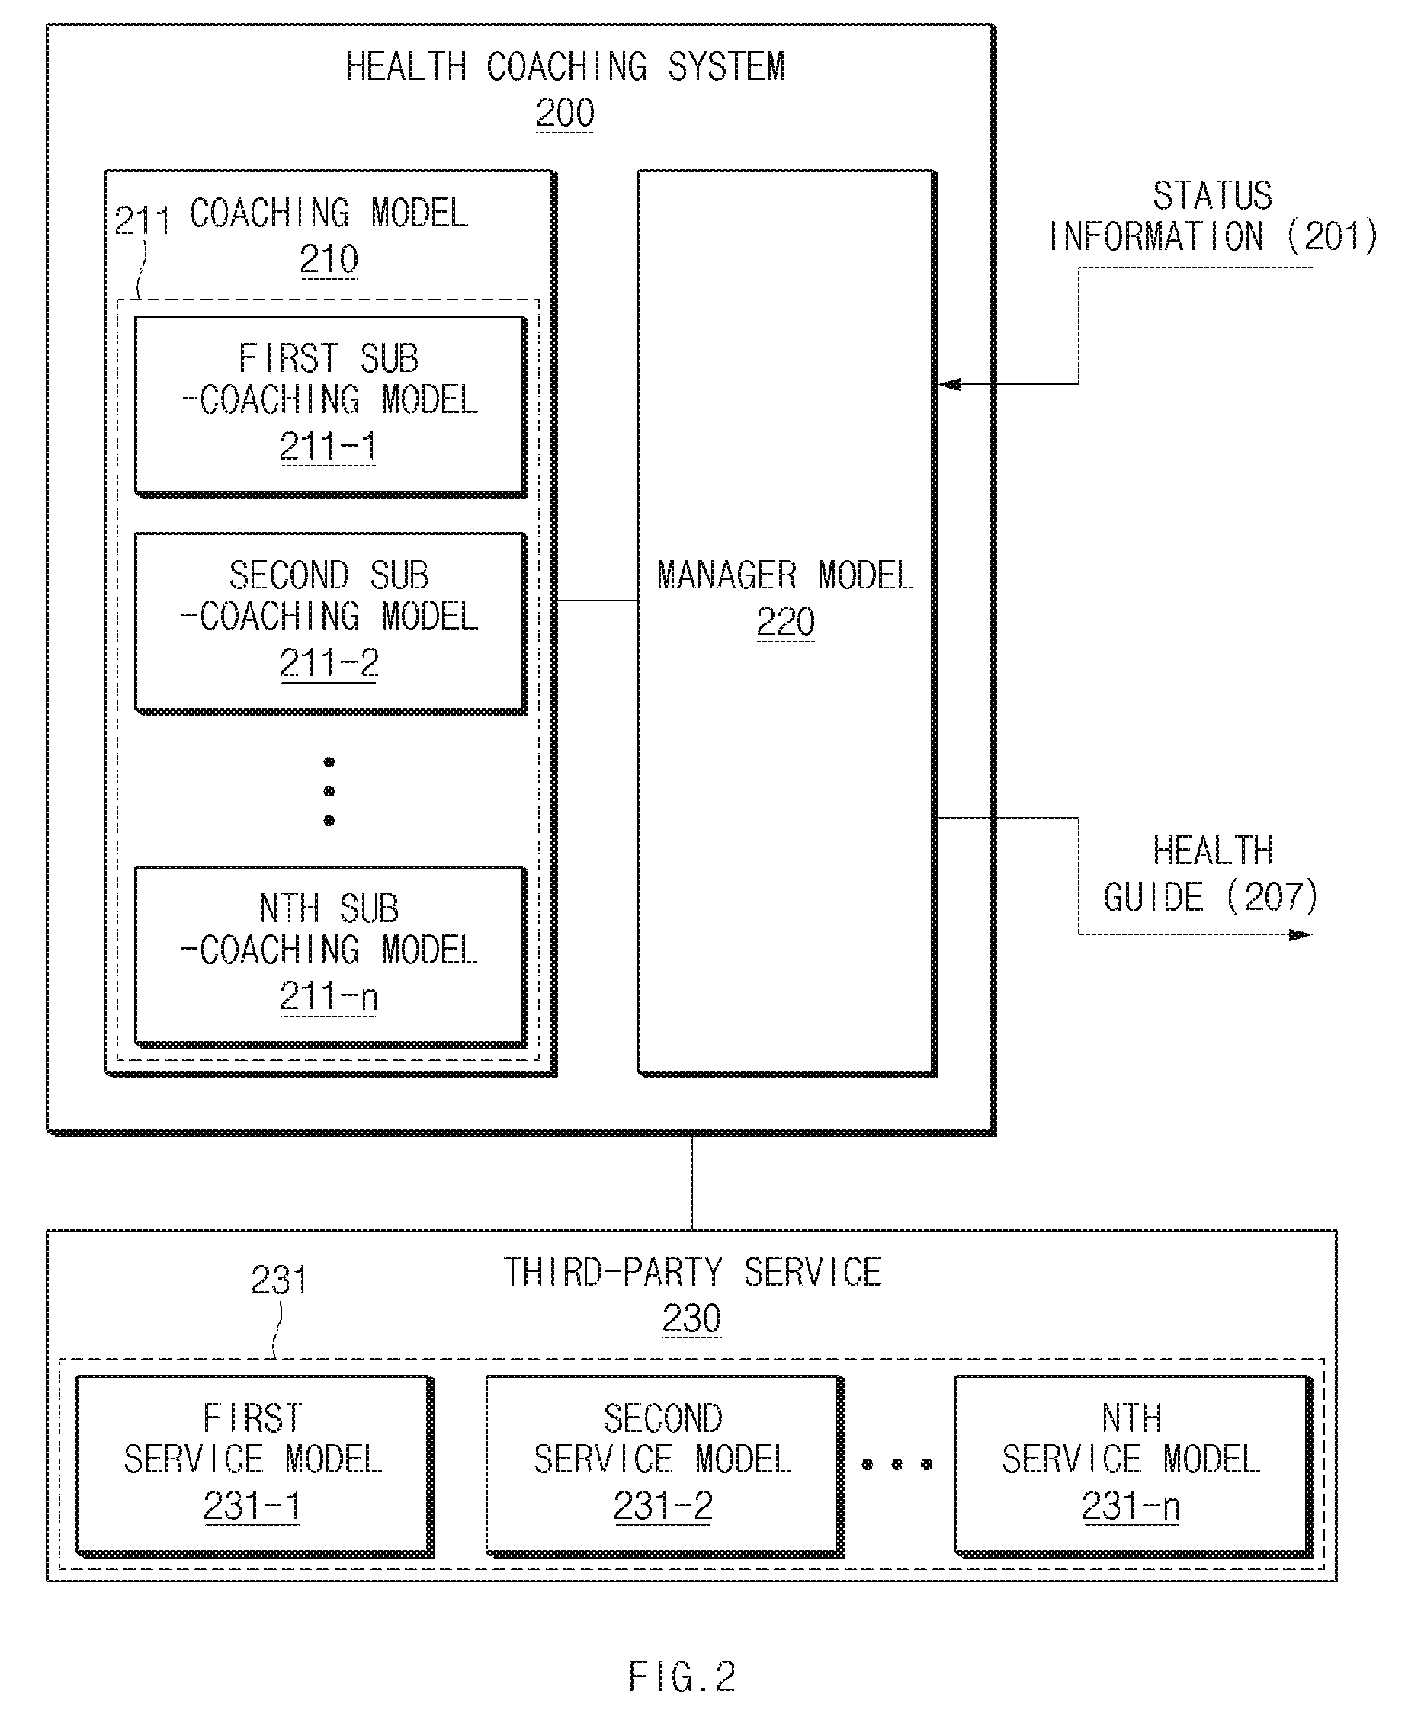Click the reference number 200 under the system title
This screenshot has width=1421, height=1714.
pyautogui.click(x=565, y=113)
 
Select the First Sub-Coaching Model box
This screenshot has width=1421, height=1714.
pyautogui.click(x=331, y=406)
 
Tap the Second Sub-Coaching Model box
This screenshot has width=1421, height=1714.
pyautogui.click(x=331, y=623)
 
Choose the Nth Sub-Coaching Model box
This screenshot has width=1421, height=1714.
pyautogui.click(x=331, y=956)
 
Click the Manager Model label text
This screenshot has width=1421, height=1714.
pyautogui.click(x=785, y=575)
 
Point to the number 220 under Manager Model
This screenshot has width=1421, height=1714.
pyautogui.click(x=785, y=622)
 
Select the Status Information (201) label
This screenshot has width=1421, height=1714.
pyautogui.click(x=1212, y=216)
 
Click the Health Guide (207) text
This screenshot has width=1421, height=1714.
pyautogui.click(x=1211, y=874)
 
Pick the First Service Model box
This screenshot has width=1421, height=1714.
pyautogui.click(x=255, y=1466)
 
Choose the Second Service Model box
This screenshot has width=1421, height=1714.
pyautogui.click(x=666, y=1466)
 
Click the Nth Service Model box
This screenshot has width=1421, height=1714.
pyautogui.click(x=1134, y=1466)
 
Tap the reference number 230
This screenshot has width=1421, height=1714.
pyautogui.click(x=691, y=1318)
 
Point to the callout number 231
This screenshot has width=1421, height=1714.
pyautogui.click(x=278, y=1280)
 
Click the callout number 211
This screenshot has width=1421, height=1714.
pyautogui.click(x=142, y=220)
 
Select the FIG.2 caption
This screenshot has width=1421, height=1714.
pyautogui.click(x=682, y=1677)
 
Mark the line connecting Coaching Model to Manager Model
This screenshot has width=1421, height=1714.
pyautogui.click(x=598, y=601)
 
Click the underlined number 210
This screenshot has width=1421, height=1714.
pyautogui.click(x=329, y=260)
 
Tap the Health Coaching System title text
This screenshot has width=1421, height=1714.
pyautogui.click(x=566, y=67)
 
